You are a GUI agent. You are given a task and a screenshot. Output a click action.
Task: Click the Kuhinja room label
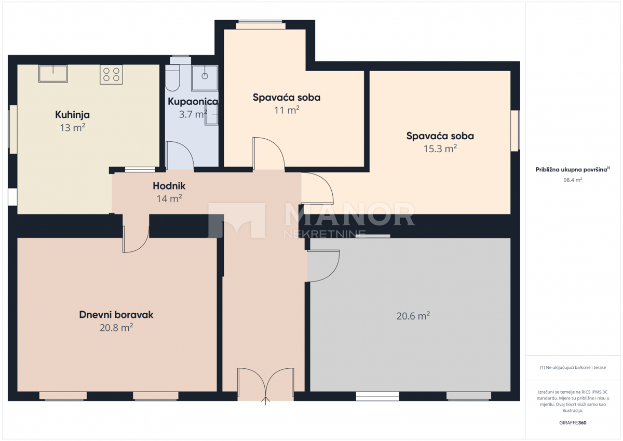pyautogui.click(x=73, y=115)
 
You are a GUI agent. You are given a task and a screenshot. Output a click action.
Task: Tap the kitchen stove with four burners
pyautogui.click(x=111, y=75)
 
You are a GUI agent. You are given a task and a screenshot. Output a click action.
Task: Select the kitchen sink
pyautogui.click(x=53, y=73)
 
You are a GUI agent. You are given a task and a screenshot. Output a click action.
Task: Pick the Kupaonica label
pyautogui.click(x=193, y=102)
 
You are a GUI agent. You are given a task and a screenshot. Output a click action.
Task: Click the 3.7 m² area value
pyautogui.click(x=193, y=114)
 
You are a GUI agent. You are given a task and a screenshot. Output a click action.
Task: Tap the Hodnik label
pyautogui.click(x=169, y=186)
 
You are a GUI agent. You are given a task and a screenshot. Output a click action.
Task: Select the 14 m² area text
pyautogui.click(x=169, y=198)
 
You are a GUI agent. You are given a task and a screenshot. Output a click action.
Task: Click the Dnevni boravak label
pyautogui.click(x=116, y=315)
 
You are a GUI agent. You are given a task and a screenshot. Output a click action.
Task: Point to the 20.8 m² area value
pyautogui.click(x=116, y=327)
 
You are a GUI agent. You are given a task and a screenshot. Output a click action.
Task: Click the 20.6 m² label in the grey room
pyautogui.click(x=413, y=316)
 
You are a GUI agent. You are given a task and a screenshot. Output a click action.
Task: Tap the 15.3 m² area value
pyautogui.click(x=440, y=149)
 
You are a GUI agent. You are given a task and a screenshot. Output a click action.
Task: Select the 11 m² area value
pyautogui.click(x=287, y=110)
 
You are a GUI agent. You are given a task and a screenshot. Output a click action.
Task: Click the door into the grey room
pyautogui.click(x=323, y=265)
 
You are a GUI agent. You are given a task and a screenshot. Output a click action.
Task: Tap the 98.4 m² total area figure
pyautogui.click(x=573, y=180)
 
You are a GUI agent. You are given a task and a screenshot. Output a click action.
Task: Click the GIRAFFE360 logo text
pyautogui.click(x=573, y=423)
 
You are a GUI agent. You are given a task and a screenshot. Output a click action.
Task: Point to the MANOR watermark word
pyautogui.click(x=349, y=215)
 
